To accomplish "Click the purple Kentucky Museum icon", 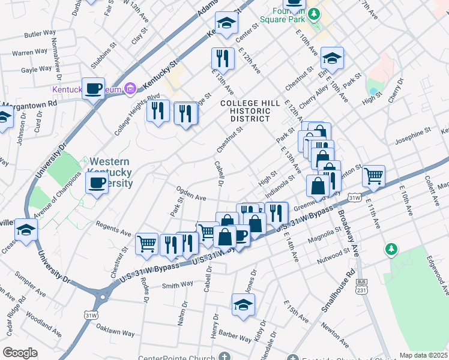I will (x=130, y=89).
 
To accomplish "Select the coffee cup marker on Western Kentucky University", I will (x=96, y=184).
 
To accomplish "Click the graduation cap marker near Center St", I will (x=227, y=24).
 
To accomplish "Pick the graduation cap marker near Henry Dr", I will (x=243, y=305).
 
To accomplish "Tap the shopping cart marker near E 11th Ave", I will (x=373, y=176).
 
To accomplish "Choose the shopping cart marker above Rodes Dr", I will (x=147, y=244).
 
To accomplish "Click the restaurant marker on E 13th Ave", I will (x=223, y=59).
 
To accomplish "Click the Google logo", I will (x=20, y=352).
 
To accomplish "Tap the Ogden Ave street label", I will (x=191, y=193).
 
